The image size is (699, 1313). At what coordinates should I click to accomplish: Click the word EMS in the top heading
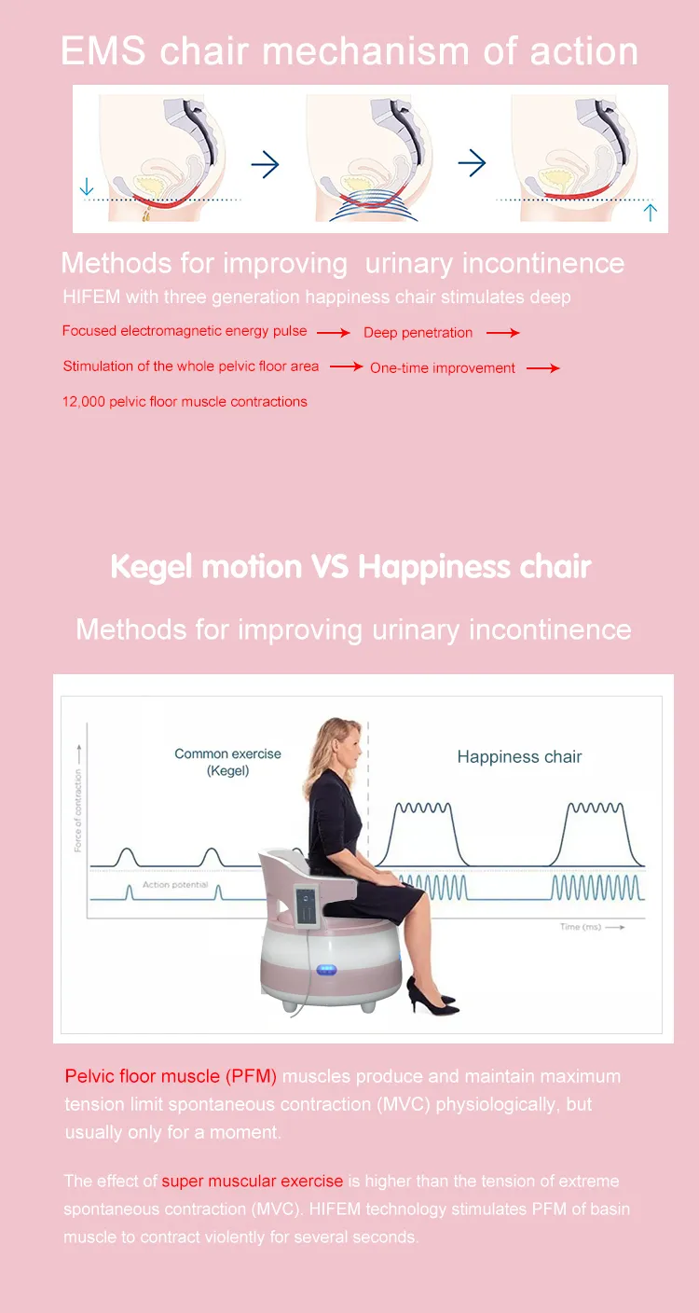[103, 51]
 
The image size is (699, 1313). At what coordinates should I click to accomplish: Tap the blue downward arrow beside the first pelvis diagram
[87, 187]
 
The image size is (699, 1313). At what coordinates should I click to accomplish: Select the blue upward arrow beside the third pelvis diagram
[650, 213]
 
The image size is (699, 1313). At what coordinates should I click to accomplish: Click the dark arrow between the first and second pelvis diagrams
[266, 165]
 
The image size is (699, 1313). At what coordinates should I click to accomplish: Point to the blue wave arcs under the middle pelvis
[373, 206]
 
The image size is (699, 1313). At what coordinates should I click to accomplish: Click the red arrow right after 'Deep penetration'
[502, 333]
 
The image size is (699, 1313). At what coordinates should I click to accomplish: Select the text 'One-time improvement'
[443, 368]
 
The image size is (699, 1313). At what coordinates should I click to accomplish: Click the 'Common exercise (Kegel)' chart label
[228, 762]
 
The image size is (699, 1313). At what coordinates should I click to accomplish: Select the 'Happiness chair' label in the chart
[519, 756]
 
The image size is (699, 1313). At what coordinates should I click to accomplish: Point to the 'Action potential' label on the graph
[175, 885]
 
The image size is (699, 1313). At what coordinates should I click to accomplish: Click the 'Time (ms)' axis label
[581, 927]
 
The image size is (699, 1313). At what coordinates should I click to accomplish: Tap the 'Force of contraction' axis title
[78, 810]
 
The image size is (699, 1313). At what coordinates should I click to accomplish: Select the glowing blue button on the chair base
[326, 970]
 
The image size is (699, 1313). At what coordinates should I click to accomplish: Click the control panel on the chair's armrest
[307, 905]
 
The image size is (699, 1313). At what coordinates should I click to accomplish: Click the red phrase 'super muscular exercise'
[253, 1181]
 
